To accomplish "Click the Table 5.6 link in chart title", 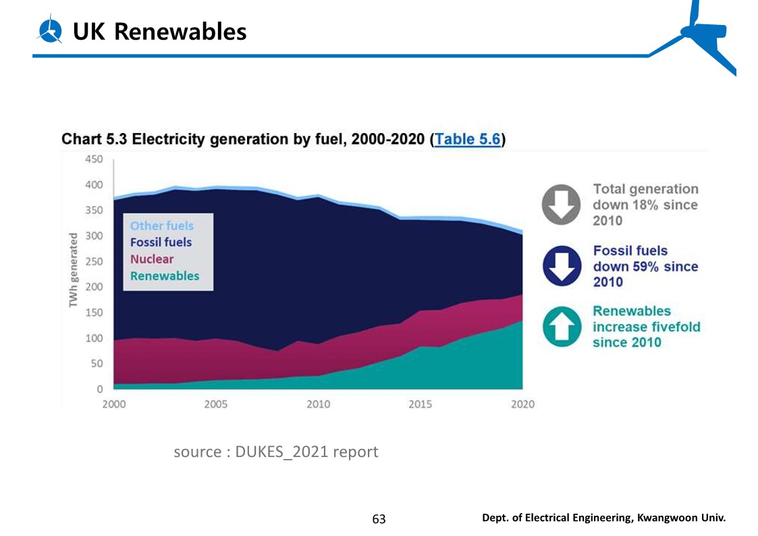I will pos(467,140).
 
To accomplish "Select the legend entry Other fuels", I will pos(161,226).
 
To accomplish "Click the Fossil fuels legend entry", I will pos(161,242).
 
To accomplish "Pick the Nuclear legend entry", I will pos(152,259).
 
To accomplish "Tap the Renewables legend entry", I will pos(165,276).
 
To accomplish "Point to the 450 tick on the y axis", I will pos(94,159).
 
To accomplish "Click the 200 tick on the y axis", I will pos(94,287).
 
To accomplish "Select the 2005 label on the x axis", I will pos(215,404).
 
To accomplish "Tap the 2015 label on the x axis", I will pos(421,404).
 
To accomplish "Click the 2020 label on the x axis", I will pos(522,404).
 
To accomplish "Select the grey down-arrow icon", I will pos(561,204).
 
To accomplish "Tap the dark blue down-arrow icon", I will pos(562,265).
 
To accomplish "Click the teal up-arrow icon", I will pos(562,327).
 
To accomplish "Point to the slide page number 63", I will pos(379,519).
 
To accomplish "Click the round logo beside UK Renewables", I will pos(50,31).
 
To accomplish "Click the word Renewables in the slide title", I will pos(180,31).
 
